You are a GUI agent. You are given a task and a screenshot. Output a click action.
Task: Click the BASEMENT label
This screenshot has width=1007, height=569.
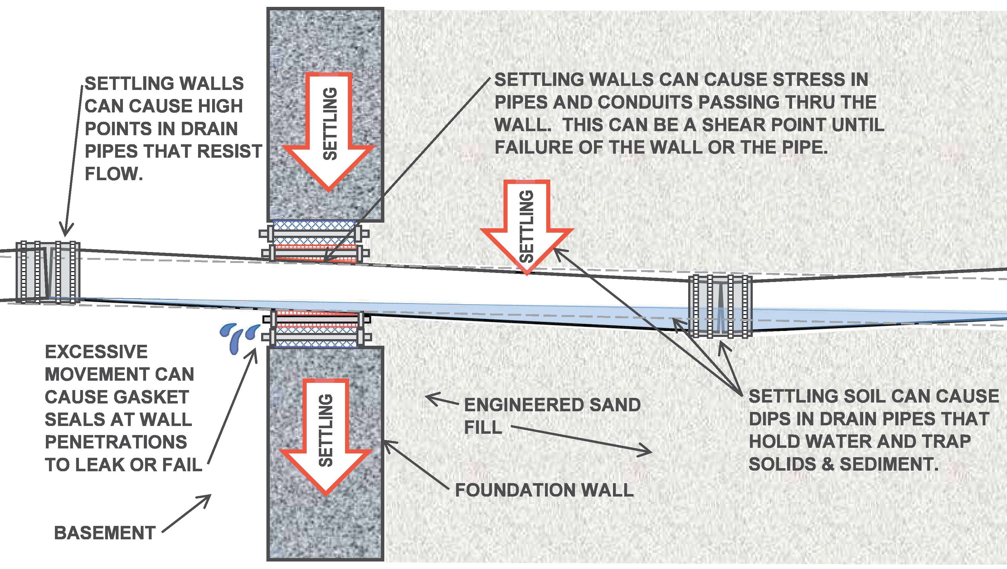[105, 533]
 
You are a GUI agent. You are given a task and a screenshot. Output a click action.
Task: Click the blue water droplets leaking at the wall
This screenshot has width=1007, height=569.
[239, 338]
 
